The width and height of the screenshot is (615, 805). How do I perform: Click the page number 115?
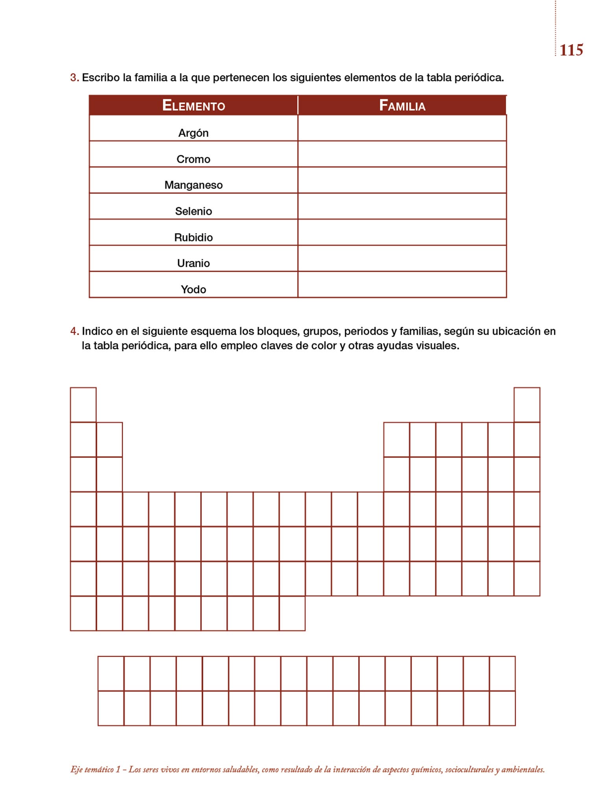[571, 50]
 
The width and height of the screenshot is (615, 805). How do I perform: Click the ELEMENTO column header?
[193, 106]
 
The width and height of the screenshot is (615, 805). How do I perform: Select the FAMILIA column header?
[402, 106]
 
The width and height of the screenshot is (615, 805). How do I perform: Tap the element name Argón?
[193, 133]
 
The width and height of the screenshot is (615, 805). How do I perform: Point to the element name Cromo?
[193, 159]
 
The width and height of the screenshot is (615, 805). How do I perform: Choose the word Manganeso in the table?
[193, 185]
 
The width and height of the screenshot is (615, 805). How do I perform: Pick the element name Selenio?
[193, 211]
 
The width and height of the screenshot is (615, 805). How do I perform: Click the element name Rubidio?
[193, 237]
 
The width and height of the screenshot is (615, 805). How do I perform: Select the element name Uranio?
[193, 263]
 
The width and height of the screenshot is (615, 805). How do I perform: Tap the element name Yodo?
[193, 290]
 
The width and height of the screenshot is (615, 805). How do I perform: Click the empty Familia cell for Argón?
[402, 128]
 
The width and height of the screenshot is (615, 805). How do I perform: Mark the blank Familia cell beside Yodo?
[402, 285]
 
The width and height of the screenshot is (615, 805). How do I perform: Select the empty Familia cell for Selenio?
[402, 206]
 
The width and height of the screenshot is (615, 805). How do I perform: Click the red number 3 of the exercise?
[74, 78]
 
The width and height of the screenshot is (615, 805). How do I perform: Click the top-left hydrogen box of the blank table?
[83, 405]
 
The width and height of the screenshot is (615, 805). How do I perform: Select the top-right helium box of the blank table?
[527, 405]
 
